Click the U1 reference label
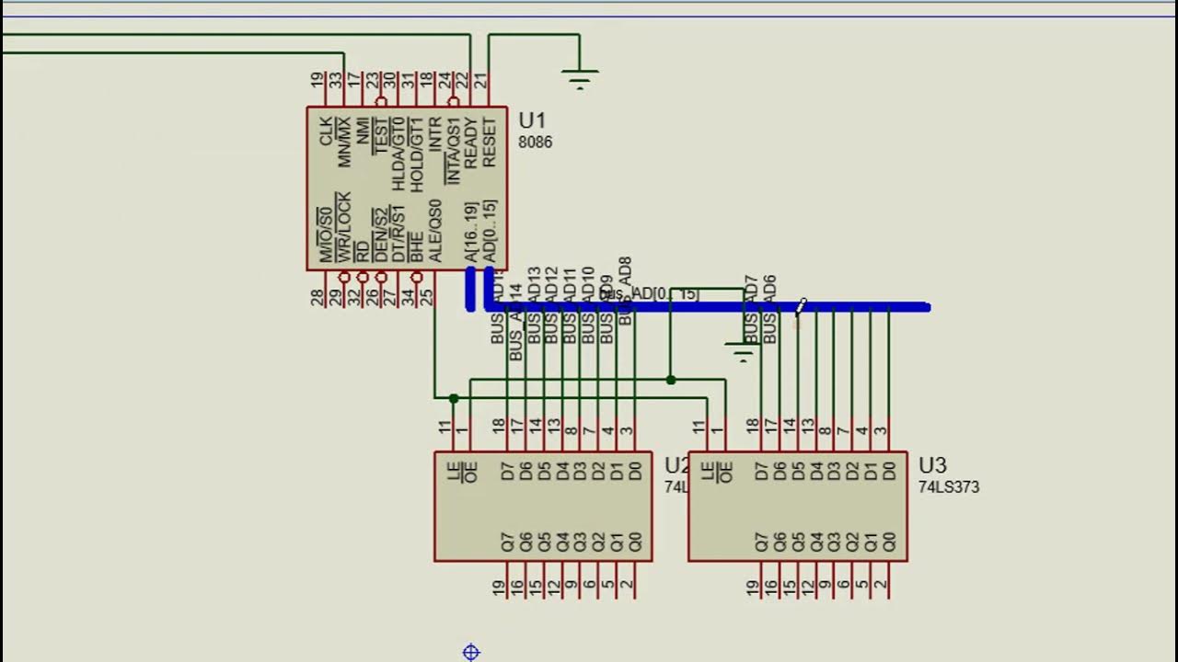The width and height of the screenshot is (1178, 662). coord(532,120)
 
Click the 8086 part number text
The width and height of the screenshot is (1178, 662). coord(535,143)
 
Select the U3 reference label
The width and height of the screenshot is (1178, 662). coord(932,465)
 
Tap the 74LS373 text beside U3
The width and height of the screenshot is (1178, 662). coord(948,487)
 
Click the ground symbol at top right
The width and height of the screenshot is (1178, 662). coord(579,79)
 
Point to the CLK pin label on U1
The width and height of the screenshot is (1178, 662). coord(326,131)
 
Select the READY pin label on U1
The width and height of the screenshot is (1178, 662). coord(470,143)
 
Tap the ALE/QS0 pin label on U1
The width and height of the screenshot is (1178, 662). coord(434,231)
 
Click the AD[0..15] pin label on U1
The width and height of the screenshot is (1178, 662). coord(489,231)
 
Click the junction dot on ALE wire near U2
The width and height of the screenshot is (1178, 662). coord(454,398)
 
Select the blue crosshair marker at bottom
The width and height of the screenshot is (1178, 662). coord(471,652)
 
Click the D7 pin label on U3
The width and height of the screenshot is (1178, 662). coord(761,472)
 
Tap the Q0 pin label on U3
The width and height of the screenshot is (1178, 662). coord(888,542)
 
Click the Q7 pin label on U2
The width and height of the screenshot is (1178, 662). coord(507,542)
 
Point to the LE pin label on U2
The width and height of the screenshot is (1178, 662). coord(453,472)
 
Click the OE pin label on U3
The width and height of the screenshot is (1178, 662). coord(725,472)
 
